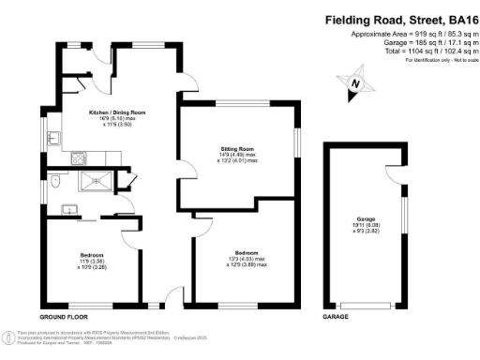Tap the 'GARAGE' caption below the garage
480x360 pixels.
(336, 318)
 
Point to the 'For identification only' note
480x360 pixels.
(439, 60)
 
